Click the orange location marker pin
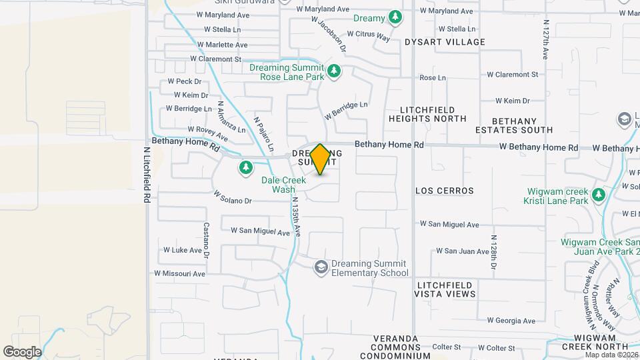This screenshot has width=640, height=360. (x=321, y=159)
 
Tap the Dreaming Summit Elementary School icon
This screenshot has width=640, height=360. (x=321, y=267)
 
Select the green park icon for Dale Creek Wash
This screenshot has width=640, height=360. (x=246, y=167)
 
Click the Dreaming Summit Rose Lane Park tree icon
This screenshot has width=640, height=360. (x=335, y=71)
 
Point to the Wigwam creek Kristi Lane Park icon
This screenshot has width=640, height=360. (x=599, y=195)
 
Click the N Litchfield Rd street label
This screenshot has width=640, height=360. (x=146, y=175)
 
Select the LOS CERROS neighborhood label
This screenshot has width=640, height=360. (x=444, y=191)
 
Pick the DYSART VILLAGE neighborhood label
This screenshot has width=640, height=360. (x=445, y=42)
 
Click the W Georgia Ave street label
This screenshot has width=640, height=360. (x=511, y=321)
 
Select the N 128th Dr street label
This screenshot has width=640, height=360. (x=493, y=253)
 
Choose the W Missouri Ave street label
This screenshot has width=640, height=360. (x=180, y=273)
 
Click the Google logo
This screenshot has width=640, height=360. (x=22, y=351)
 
